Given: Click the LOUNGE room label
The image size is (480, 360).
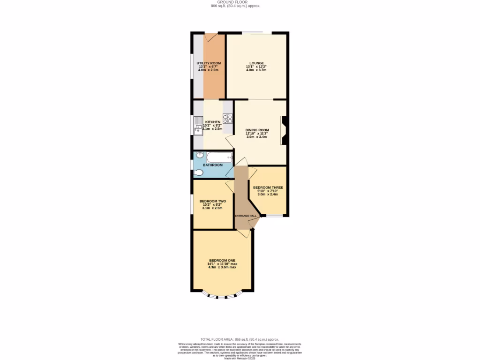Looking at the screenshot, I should coord(256,63).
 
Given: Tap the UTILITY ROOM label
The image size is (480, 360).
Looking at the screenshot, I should coord(209,63).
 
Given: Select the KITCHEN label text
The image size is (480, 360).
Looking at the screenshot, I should coord(212,122).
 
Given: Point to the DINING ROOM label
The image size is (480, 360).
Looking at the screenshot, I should coord(257,130).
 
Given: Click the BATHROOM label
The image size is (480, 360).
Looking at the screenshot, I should coord(212,165).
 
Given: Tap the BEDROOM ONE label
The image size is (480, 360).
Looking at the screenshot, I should coord(222,260).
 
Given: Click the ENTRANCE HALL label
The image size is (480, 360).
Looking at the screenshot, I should coord(246,216).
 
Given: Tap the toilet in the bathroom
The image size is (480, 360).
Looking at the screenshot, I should coord(198,173).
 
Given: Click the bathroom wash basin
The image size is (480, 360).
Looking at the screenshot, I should coord(199,155).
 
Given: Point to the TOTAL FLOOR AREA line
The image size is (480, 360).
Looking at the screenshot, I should coord(240,339).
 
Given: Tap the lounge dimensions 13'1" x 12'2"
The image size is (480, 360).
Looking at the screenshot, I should coord(256,67).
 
